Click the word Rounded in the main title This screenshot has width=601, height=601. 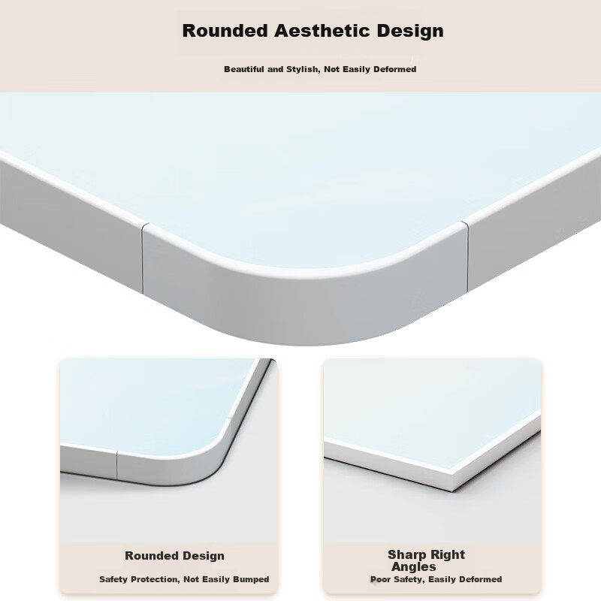click(x=225, y=31)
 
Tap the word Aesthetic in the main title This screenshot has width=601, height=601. click(x=322, y=31)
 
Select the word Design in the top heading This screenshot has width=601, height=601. click(x=410, y=32)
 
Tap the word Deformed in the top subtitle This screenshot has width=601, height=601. click(x=395, y=69)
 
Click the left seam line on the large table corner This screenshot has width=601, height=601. click(x=143, y=259)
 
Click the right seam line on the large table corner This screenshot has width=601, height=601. click(x=467, y=255)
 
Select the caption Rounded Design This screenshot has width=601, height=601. click(x=174, y=556)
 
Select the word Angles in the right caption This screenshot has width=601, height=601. click(x=414, y=567)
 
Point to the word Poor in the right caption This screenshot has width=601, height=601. click(x=379, y=579)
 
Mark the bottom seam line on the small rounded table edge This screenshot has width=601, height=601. click(x=116, y=465)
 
